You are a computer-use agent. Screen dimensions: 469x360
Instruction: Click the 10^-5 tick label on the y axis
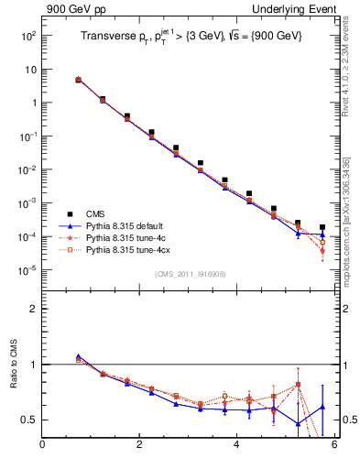(27, 270)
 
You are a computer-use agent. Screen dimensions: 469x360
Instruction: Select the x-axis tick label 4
(236, 447)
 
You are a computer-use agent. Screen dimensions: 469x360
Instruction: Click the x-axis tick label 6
(334, 447)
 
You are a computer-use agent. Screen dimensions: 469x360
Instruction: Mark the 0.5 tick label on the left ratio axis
(28, 420)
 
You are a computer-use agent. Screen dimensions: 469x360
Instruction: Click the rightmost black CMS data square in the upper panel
(322, 227)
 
